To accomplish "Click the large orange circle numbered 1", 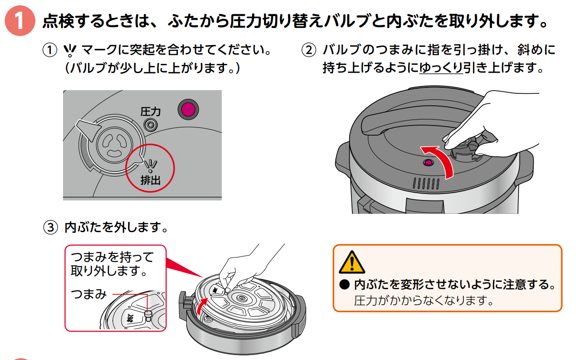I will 20,21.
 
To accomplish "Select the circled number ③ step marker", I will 50,227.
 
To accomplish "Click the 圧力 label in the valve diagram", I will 150,111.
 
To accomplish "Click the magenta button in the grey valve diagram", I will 188,109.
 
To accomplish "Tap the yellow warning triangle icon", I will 351,263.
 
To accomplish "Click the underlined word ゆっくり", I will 441,69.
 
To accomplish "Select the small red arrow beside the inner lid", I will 201,305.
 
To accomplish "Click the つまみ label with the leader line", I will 89,294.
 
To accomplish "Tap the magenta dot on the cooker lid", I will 428,163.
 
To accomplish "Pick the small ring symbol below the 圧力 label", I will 150,124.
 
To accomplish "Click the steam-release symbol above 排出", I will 150,163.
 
